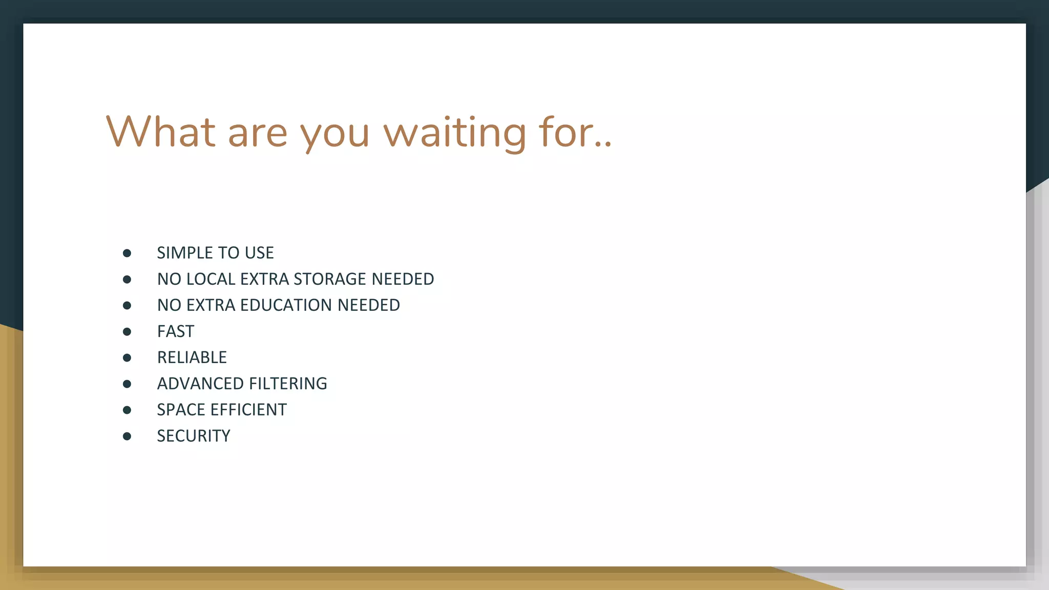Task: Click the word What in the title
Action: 160,132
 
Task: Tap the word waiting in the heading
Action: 455,133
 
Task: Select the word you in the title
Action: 334,134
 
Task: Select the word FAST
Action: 176,331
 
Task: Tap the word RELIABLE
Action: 192,357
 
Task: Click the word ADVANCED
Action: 200,384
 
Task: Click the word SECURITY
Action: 194,436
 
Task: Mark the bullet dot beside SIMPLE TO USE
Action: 127,253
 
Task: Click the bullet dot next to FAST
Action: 127,332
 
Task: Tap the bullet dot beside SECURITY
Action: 127,436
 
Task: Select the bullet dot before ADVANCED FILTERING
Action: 127,384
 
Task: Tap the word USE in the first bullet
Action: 259,253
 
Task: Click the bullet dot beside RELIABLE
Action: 127,358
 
